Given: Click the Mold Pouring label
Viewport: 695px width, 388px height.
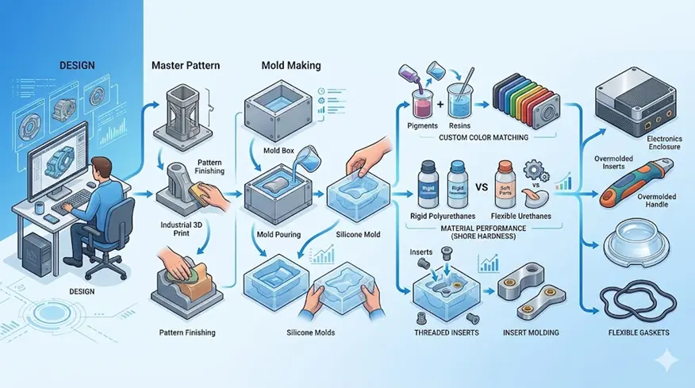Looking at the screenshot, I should click(x=277, y=236).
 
